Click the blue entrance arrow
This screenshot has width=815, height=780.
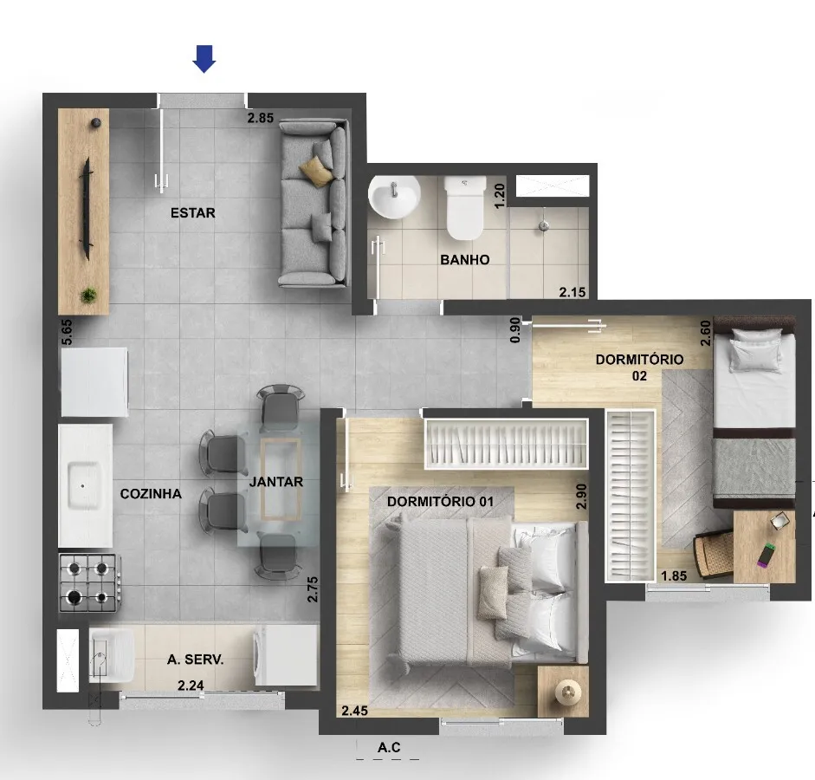coord(204,59)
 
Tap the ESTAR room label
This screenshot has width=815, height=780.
coord(193,212)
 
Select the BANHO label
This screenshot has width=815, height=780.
coord(465,259)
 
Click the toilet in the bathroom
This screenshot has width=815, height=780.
coord(465,207)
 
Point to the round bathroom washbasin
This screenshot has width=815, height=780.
coord(394,197)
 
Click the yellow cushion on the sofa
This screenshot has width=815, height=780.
coord(316,171)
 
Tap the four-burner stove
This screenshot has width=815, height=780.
coord(90,582)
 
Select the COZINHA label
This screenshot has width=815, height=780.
coord(151,493)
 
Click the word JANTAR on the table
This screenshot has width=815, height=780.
coord(276,482)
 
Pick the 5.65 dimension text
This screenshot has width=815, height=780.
coord(67,332)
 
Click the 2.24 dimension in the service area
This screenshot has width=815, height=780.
coord(191,686)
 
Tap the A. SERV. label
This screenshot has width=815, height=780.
coord(196,660)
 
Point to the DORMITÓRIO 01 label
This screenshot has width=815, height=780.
coord(440,501)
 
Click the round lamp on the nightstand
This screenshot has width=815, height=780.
coord(567,692)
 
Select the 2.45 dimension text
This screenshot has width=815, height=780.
coord(355,711)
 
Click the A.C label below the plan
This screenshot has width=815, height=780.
coord(389,747)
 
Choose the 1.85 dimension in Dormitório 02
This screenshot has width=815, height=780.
coord(674,575)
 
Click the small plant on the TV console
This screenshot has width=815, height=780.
coord(89,296)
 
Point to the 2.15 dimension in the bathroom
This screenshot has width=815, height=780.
coord(572,292)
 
